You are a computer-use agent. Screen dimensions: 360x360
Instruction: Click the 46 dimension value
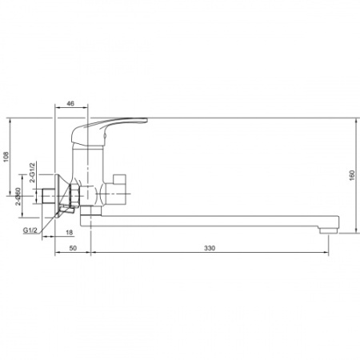click(x=70, y=103)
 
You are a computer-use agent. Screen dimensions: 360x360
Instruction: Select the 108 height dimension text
click(x=6, y=157)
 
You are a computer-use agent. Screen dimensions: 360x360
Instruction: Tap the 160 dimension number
click(x=352, y=175)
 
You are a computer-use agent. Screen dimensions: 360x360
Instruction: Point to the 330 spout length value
click(x=210, y=248)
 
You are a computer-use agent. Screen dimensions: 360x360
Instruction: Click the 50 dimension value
click(x=73, y=248)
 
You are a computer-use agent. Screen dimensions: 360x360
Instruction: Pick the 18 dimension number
click(x=70, y=233)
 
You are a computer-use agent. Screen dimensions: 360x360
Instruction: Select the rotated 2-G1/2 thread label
click(x=32, y=172)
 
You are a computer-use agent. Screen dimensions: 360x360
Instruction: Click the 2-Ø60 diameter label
click(x=18, y=196)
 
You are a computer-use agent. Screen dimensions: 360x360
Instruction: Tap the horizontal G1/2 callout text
click(x=30, y=230)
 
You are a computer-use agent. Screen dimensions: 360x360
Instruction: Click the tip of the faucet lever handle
click(x=146, y=120)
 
